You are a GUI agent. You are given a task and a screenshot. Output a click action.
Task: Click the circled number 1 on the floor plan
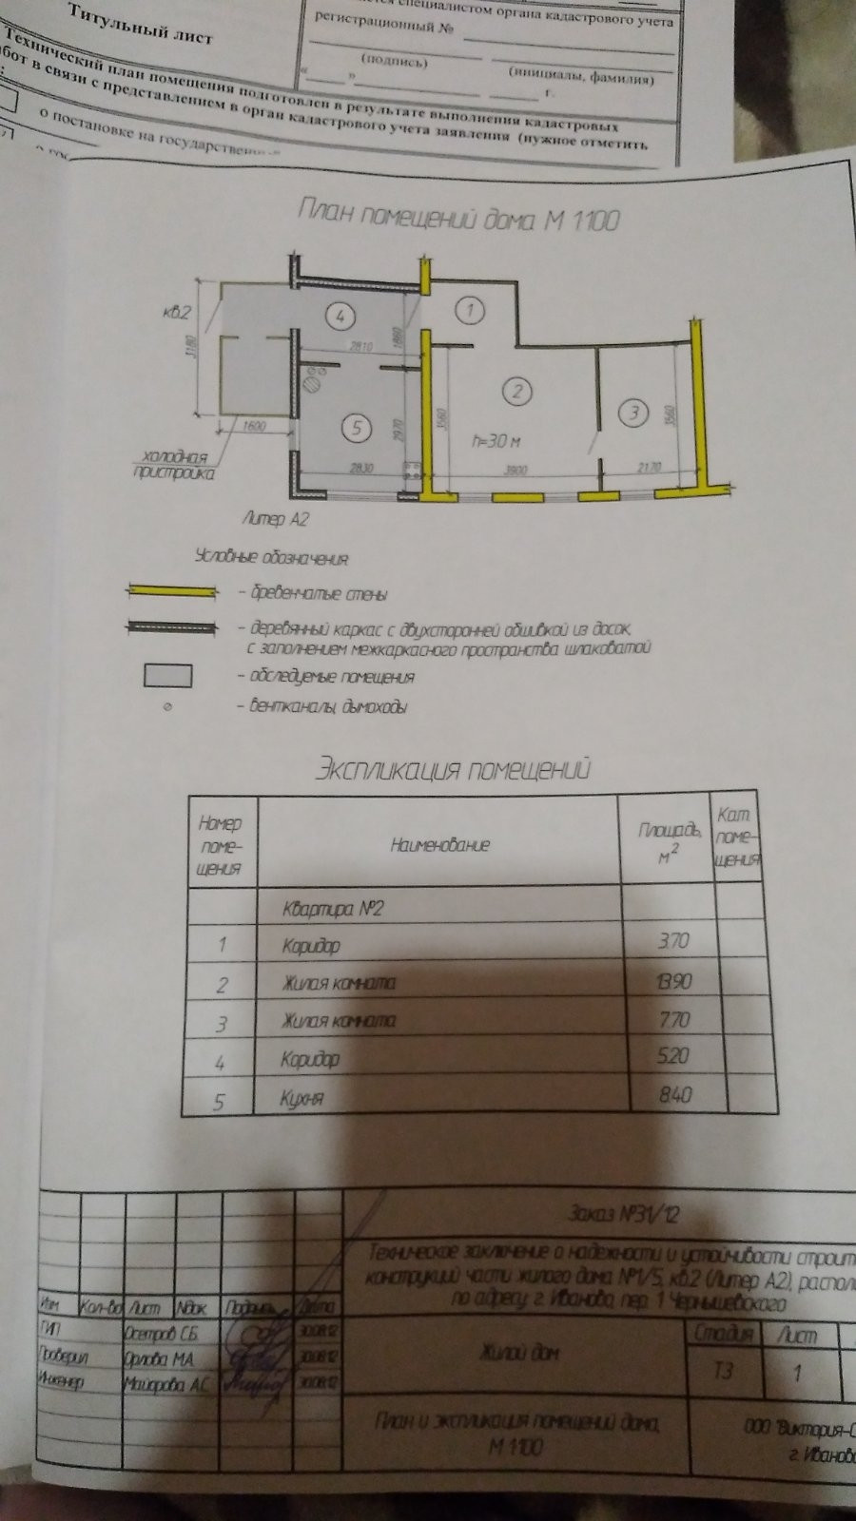(x=468, y=309)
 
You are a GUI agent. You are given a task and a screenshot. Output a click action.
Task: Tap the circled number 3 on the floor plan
(x=632, y=413)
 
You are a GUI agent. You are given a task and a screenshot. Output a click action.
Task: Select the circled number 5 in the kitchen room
(x=357, y=428)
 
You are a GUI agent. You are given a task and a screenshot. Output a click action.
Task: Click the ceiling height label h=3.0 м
(x=496, y=442)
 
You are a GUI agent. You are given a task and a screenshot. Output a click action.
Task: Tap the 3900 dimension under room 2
(x=515, y=470)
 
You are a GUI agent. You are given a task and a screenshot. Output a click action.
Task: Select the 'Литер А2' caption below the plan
(x=277, y=519)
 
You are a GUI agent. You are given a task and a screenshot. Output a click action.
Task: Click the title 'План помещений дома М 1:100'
(x=458, y=219)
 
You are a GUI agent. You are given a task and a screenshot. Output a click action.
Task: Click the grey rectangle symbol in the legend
(x=167, y=676)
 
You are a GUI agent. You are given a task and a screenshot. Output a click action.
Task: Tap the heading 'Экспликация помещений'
(x=452, y=767)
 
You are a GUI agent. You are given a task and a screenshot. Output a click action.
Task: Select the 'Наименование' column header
(x=439, y=843)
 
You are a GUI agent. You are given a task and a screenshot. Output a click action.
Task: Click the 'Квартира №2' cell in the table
(x=333, y=907)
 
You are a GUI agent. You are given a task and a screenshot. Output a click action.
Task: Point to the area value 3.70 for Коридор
(x=673, y=941)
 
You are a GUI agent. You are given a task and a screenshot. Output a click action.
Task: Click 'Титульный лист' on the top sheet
(x=141, y=26)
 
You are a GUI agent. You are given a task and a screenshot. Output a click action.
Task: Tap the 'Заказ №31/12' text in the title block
(x=623, y=1214)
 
